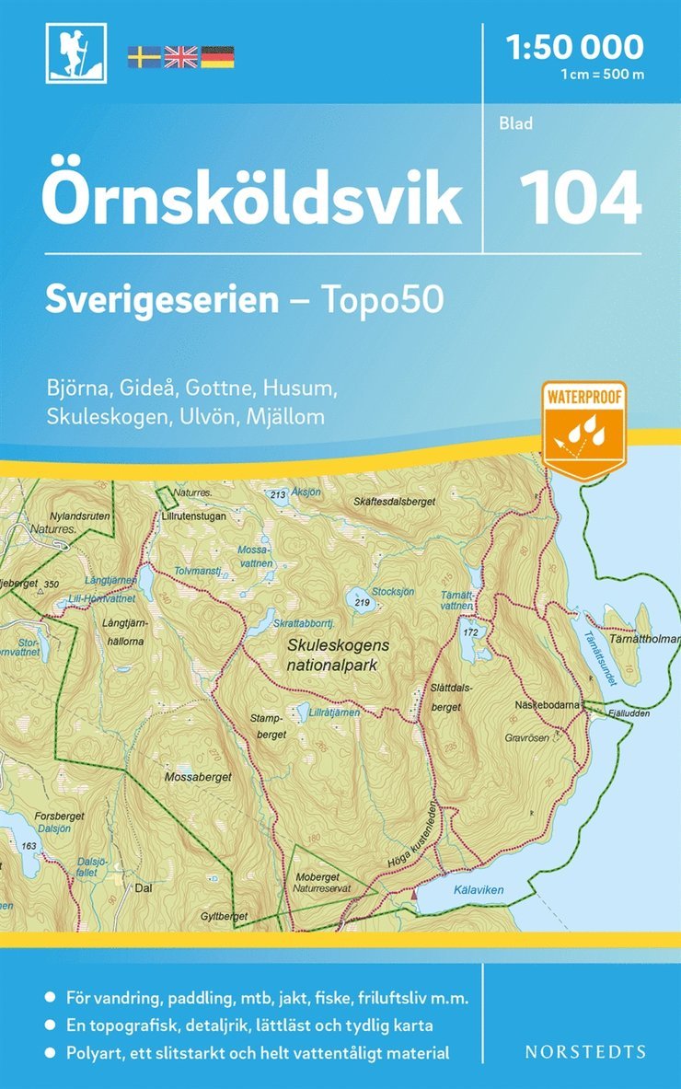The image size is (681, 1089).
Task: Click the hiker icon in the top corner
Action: click(75, 52)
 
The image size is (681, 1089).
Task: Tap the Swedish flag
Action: click(143, 57)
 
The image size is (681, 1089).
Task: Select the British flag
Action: click(180, 57)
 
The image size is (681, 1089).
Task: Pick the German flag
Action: click(217, 57)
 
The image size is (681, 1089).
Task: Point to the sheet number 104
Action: click(580, 197)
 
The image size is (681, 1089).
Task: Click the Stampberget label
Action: click(268, 725)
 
